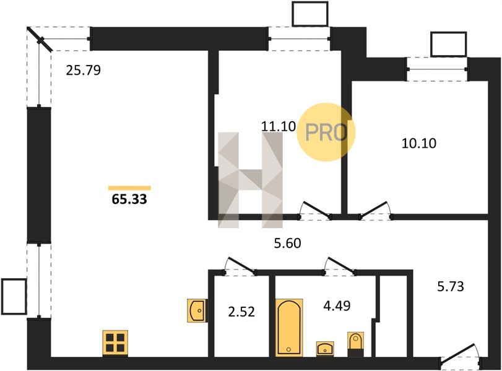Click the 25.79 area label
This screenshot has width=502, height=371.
83,70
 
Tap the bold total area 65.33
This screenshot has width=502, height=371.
129,199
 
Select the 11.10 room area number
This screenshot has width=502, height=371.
279,126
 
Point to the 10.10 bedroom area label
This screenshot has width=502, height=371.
419,143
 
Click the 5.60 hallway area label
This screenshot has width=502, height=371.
287,244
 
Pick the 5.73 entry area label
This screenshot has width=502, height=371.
451,286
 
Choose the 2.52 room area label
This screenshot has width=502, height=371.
241,312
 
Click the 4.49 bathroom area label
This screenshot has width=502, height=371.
337,305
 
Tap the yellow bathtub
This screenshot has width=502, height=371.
289,328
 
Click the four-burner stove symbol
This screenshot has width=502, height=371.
115,343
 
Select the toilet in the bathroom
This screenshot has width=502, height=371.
355,344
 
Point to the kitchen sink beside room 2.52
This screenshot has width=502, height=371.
197,310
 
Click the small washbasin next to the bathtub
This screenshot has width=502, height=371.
325,349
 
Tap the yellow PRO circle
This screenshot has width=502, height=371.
326,132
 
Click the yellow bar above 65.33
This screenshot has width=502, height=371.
129,188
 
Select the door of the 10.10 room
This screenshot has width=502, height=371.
375,210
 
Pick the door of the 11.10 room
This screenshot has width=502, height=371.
314,210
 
